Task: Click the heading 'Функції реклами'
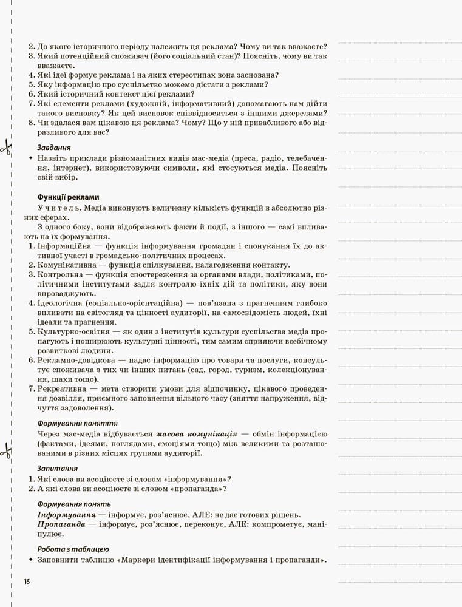[x=68, y=197]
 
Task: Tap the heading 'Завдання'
[x=54, y=148]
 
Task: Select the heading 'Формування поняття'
[x=77, y=423]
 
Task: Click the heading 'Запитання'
[x=57, y=468]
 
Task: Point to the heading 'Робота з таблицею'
[x=73, y=549]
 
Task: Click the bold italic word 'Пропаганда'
[x=62, y=523]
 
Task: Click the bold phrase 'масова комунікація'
[x=196, y=435]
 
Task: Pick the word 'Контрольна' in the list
[x=60, y=275]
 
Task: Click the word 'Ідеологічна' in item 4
[x=60, y=303]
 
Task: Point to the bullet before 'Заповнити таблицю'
[x=30, y=560]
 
